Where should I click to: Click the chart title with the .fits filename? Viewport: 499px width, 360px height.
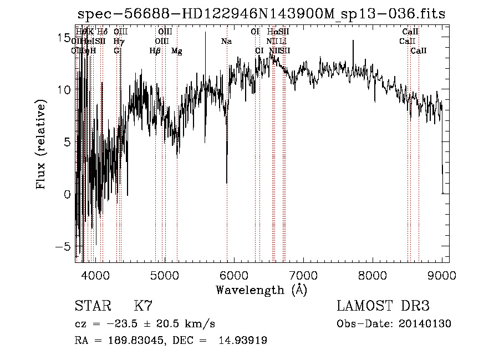[x=261, y=14]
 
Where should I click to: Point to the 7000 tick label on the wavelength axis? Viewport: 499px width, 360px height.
[x=303, y=275]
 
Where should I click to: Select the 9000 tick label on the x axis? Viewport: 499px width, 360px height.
[x=442, y=275]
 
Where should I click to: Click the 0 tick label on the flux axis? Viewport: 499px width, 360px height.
[x=68, y=194]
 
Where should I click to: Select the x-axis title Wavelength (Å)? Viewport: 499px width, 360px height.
[x=261, y=290]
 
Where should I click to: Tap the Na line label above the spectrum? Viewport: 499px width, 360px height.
[x=226, y=41]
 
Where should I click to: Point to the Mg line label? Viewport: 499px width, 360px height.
[x=176, y=51]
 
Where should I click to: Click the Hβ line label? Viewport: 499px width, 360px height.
[x=155, y=51]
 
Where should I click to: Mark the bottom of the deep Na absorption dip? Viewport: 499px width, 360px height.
[x=227, y=182]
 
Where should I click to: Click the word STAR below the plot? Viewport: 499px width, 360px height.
[x=92, y=306]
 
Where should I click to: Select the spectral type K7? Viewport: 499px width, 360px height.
[x=143, y=306]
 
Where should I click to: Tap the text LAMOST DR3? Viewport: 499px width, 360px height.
[x=383, y=306]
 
